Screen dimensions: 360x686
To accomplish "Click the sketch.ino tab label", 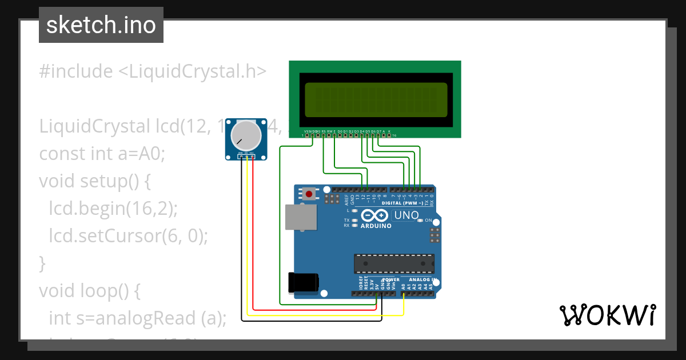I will (101, 25).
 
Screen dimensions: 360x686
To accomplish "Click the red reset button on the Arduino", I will (309, 194).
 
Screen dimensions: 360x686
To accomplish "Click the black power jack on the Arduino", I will (304, 282).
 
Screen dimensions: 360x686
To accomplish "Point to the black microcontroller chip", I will (392, 263).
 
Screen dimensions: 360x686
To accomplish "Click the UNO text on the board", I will (407, 215).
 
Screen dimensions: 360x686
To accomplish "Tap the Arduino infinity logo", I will (375, 216).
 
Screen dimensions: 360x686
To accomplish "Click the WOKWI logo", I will (607, 315).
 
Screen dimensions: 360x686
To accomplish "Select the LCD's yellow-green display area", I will (376, 98).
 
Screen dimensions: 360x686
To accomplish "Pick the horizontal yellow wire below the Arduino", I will (326, 315).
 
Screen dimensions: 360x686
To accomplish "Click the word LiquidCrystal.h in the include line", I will (193, 71).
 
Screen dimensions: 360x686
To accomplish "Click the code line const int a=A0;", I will (102, 154).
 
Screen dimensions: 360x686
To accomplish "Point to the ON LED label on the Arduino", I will (428, 220).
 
